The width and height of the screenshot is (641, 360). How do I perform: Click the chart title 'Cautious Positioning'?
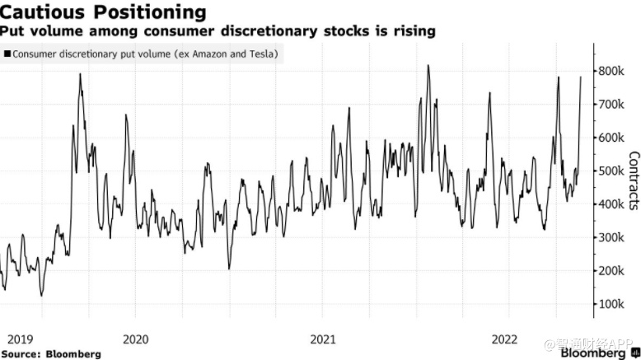[104, 12]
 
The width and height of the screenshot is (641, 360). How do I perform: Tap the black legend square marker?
[7, 54]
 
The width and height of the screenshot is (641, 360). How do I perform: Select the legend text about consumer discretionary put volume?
[145, 54]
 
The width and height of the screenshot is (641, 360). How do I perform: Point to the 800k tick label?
[615, 72]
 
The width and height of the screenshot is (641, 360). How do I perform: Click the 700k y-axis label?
[615, 105]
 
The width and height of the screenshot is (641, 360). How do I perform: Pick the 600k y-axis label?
[615, 138]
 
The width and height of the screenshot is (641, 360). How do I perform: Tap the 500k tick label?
[615, 171]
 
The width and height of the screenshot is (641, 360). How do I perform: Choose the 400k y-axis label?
[615, 204]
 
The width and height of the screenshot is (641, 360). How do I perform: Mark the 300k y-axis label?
[615, 237]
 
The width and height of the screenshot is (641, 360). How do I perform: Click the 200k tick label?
[615, 271]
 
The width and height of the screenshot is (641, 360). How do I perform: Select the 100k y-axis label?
[615, 304]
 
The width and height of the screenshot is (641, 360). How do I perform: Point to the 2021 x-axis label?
[323, 338]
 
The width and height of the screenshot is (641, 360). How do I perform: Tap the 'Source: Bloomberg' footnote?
[51, 353]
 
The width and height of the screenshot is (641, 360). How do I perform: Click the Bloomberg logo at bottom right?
[593, 353]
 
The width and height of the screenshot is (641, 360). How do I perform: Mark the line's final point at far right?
[582, 77]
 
